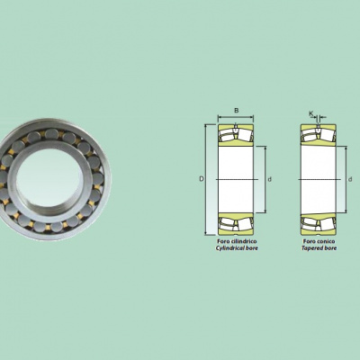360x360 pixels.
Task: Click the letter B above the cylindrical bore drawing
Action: (x=237, y=111)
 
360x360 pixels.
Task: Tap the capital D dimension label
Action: (x=202, y=179)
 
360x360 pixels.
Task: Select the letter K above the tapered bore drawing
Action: (x=311, y=113)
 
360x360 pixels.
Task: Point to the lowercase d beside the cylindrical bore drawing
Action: (x=270, y=179)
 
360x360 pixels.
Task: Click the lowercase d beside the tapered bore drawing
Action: (x=350, y=179)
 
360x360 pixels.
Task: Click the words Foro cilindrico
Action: (x=237, y=241)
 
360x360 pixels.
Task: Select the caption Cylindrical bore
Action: (x=237, y=248)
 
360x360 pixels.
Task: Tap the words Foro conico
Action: (x=319, y=241)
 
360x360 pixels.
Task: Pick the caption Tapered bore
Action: (x=319, y=248)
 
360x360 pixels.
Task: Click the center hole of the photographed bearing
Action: (x=49, y=179)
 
